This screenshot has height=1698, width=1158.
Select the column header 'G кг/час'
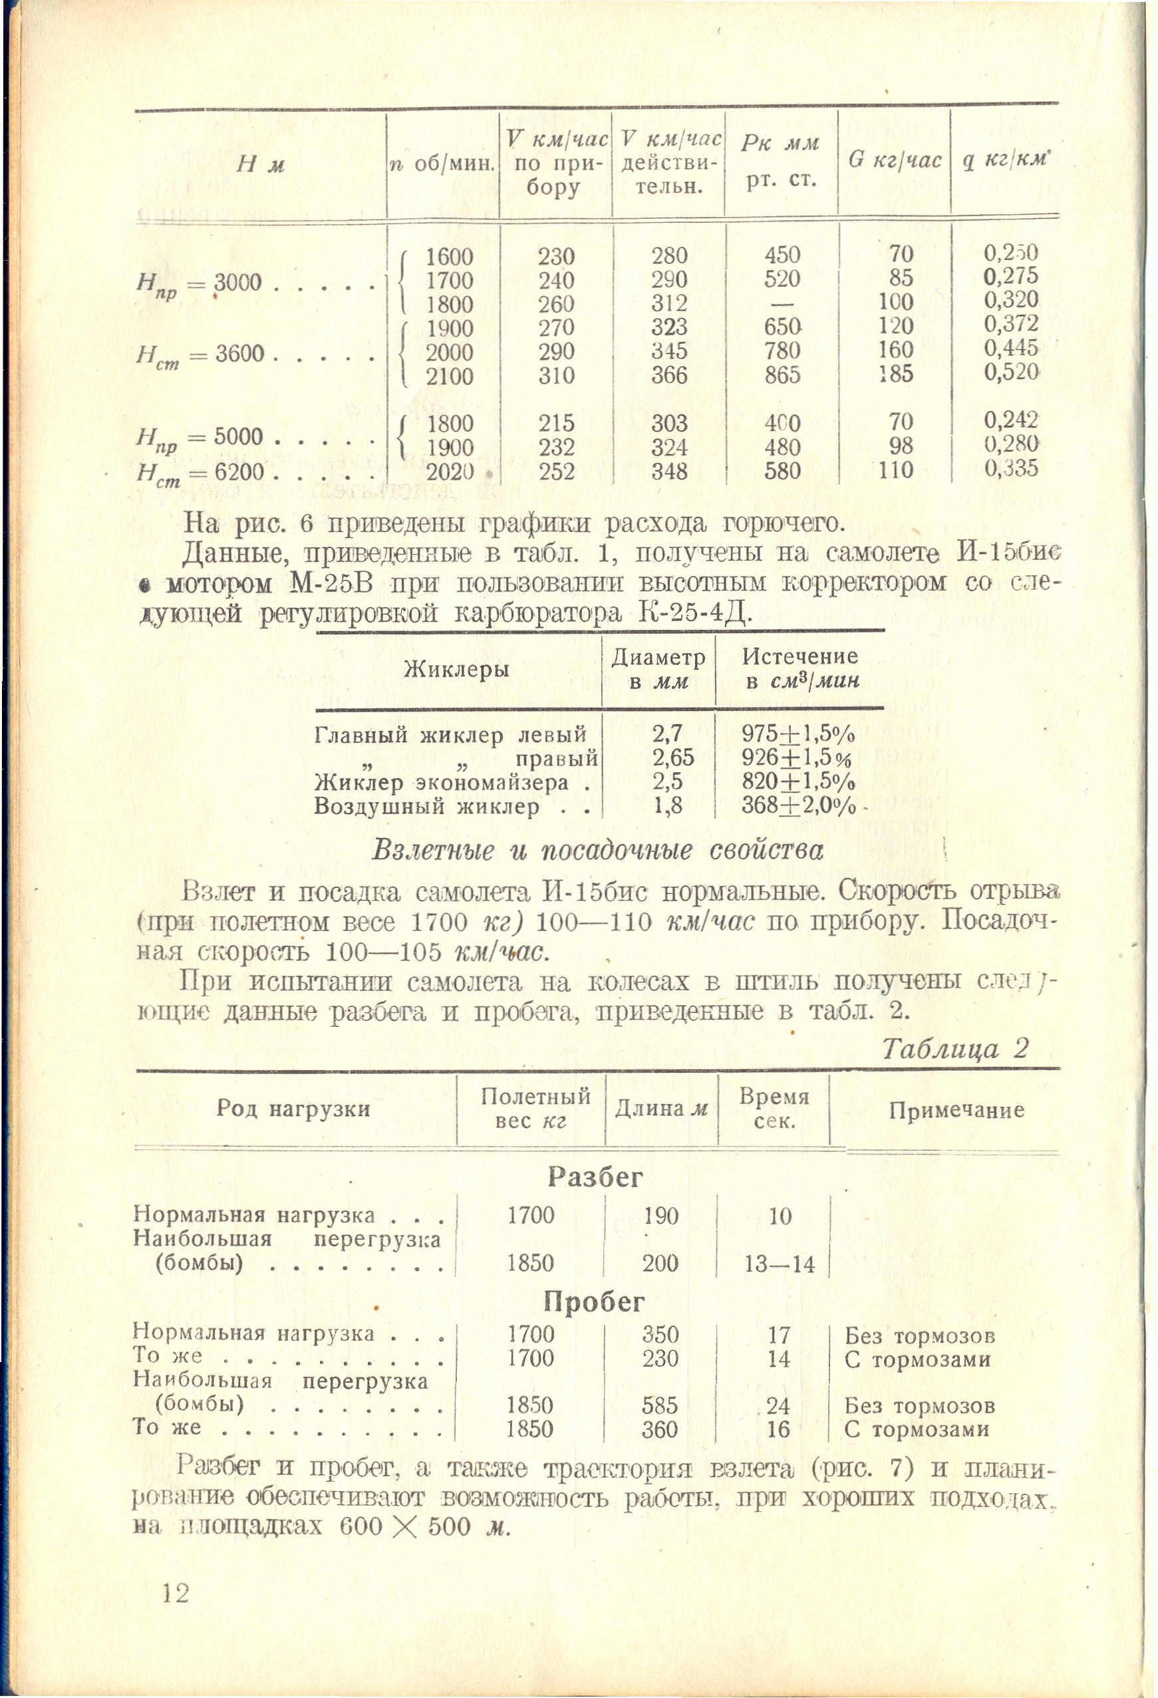[x=894, y=160]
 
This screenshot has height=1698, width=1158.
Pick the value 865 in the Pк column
[x=782, y=375]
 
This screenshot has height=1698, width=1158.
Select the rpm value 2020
[x=450, y=472]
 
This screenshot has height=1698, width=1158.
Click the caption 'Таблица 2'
[x=955, y=1048]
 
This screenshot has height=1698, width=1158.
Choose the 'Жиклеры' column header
[x=457, y=669]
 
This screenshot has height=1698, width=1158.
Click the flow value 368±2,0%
[x=799, y=805]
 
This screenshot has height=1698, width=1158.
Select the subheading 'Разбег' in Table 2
[x=595, y=1177]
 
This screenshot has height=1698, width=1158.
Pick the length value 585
[x=660, y=1405]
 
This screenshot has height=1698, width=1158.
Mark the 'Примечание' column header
[x=956, y=1111]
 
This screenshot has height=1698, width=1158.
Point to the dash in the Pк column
[x=782, y=303]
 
